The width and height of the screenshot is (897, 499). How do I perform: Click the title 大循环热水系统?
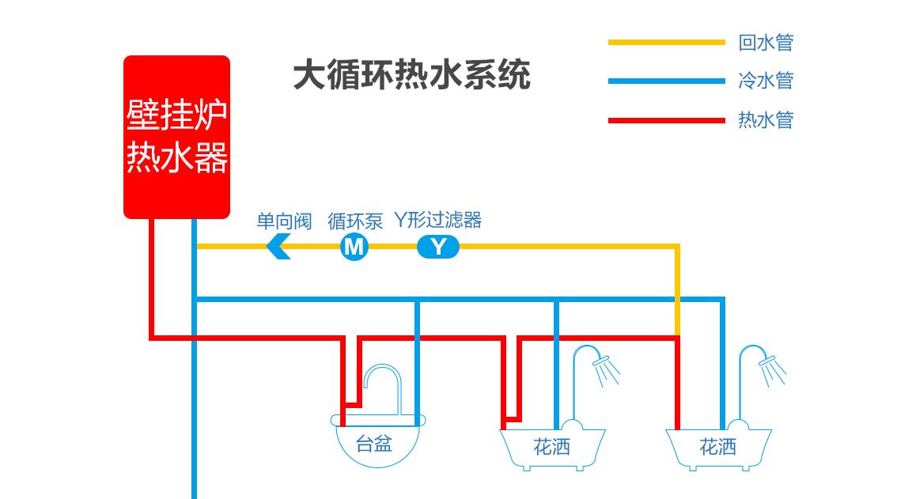tap(411, 76)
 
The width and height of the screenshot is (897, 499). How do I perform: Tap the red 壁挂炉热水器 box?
tap(176, 136)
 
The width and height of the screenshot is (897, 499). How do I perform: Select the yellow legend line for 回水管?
tap(666, 42)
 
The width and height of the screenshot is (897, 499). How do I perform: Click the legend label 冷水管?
tap(765, 81)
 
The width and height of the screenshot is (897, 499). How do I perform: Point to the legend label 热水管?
tap(765, 120)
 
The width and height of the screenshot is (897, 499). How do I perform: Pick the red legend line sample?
tap(666, 120)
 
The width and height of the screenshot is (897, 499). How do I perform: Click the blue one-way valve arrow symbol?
tap(278, 247)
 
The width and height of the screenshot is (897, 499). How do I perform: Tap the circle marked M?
tap(354, 247)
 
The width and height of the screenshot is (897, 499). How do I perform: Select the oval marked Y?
tap(437, 247)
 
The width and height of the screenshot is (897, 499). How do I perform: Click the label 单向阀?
tap(284, 221)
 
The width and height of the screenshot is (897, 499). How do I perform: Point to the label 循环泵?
tap(355, 221)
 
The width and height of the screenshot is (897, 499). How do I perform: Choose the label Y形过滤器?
tap(437, 219)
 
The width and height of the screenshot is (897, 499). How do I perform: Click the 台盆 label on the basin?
tap(374, 444)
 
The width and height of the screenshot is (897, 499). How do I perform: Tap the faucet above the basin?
tap(383, 384)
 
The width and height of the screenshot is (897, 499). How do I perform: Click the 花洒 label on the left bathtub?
tap(551, 448)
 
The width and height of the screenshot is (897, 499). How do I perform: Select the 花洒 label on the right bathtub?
tap(717, 448)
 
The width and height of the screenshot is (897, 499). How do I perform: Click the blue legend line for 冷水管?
tap(666, 81)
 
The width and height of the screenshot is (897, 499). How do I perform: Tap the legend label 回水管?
tap(765, 42)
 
